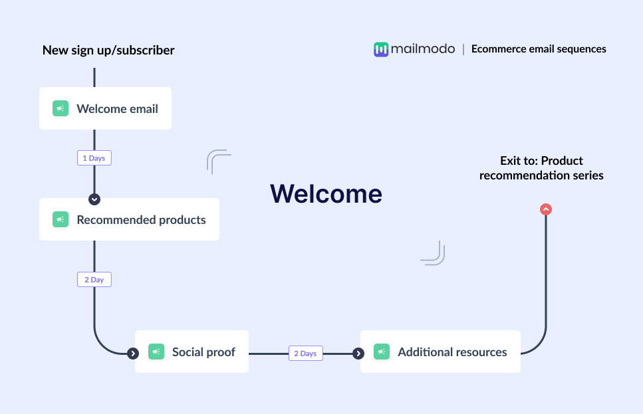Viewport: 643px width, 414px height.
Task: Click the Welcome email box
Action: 105,108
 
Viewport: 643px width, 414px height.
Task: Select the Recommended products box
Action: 129,219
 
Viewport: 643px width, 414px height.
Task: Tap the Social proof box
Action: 192,352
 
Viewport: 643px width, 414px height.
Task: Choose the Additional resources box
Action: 440,352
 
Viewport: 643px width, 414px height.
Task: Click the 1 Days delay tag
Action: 94,158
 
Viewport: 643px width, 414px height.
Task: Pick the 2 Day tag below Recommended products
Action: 94,280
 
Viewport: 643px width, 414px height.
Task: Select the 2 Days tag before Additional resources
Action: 305,354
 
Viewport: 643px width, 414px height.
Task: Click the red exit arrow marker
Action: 546,209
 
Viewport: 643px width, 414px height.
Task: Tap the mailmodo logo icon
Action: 380,49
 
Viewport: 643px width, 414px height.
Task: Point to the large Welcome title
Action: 326,193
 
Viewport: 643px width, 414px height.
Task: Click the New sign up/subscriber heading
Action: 108,50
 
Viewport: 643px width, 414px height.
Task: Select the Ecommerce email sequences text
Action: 539,49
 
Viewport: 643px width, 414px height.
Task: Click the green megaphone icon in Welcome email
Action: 61,108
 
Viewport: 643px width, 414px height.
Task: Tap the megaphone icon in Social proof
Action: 156,352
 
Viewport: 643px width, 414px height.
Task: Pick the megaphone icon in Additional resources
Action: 382,352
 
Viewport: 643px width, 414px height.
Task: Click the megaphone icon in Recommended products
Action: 61,219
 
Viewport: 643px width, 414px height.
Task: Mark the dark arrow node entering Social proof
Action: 133,354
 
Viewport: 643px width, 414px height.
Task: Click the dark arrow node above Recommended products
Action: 94,199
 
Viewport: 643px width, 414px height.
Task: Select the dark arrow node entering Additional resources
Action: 358,354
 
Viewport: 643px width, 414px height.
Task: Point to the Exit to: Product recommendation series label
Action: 541,168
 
